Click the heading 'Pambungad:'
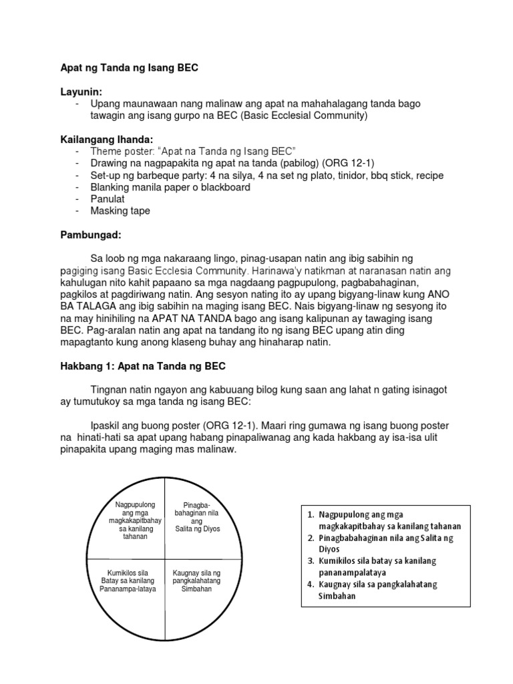pyautogui.click(x=88, y=234)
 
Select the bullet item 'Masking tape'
pyautogui.click(x=120, y=211)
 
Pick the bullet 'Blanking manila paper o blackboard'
pyautogui.click(x=170, y=187)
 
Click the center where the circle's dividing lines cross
pyautogui.click(x=166, y=558)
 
